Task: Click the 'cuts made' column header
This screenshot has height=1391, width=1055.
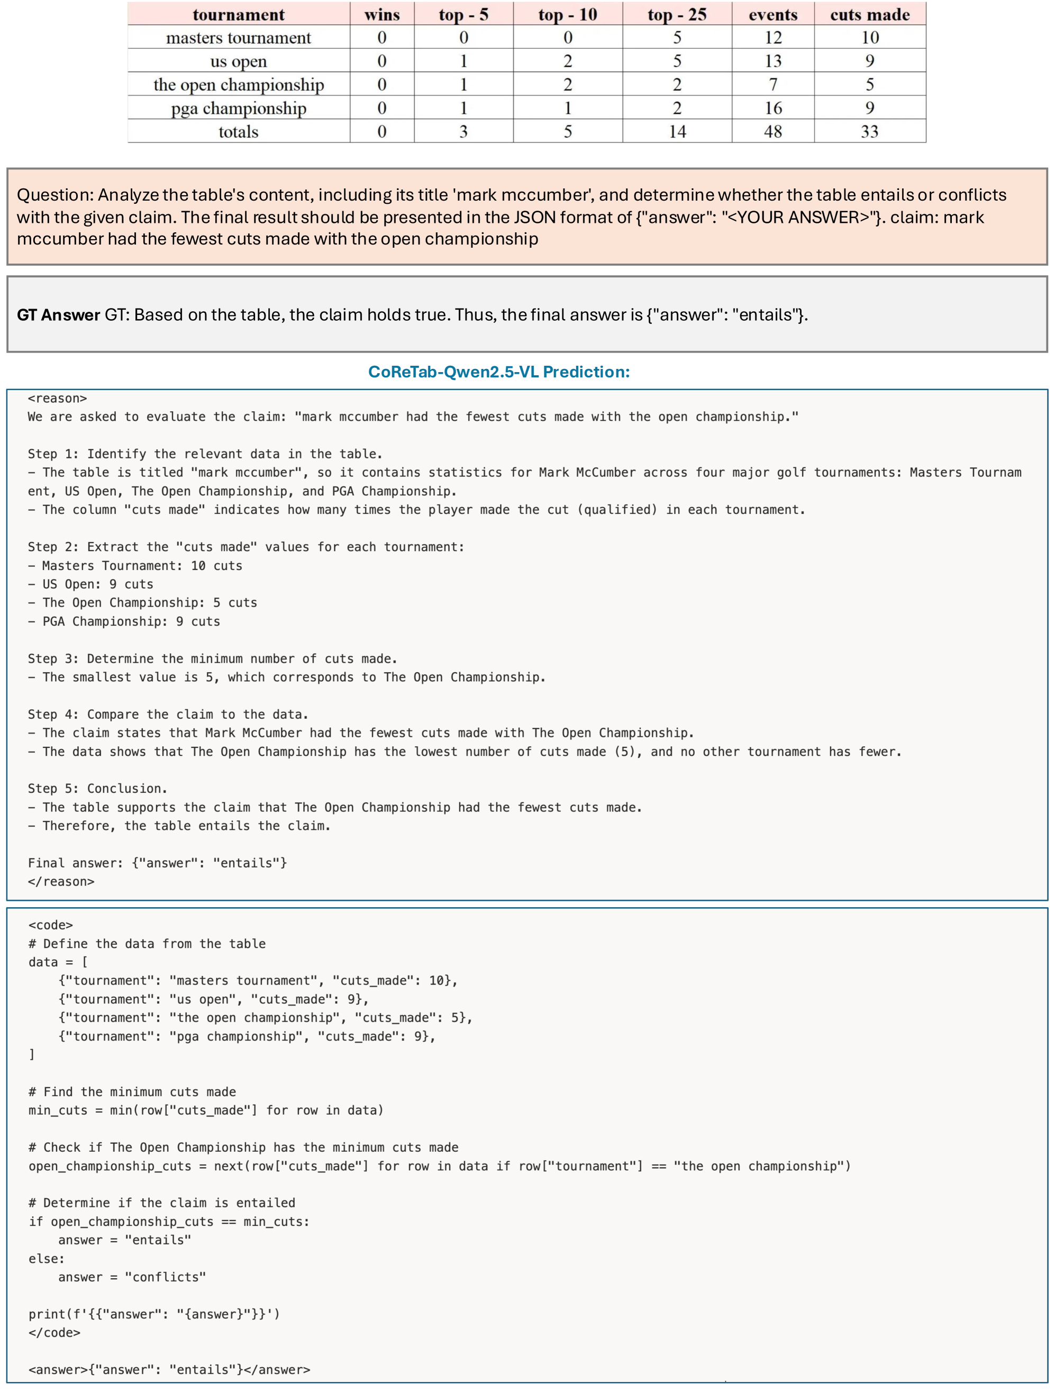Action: click(x=869, y=14)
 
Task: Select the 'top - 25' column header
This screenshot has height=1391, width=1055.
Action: click(x=677, y=14)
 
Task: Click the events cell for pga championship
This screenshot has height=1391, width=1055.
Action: click(x=772, y=108)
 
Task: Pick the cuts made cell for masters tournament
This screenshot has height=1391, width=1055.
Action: click(x=869, y=38)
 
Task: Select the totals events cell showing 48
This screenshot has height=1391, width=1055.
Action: click(x=772, y=131)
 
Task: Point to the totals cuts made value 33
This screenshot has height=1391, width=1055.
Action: click(x=869, y=131)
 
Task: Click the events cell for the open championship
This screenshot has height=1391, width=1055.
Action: click(x=772, y=84)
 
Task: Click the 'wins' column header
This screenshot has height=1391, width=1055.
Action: click(x=381, y=14)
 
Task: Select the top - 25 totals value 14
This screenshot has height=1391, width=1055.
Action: click(x=677, y=131)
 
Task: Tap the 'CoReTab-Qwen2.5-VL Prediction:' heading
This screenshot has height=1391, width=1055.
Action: click(x=498, y=372)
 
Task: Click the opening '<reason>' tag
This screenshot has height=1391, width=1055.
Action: click(x=57, y=398)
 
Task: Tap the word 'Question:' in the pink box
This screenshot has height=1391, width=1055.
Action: click(x=54, y=195)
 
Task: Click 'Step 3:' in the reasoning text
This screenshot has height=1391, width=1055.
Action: click(x=53, y=658)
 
